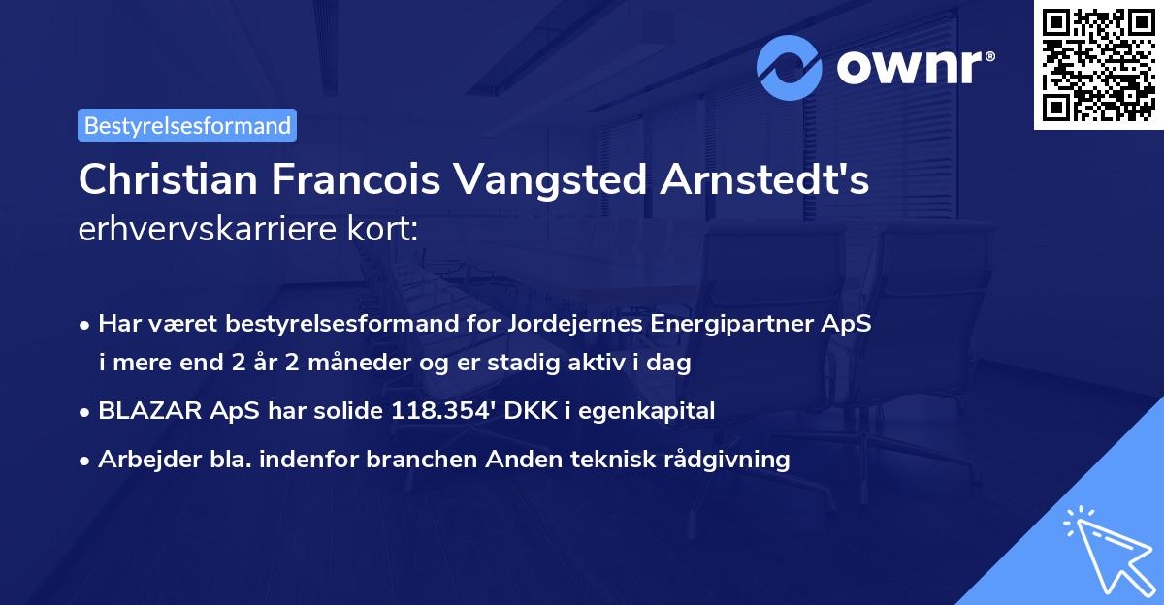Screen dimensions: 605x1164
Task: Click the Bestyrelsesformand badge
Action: click(187, 125)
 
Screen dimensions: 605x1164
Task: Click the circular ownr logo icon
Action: click(790, 67)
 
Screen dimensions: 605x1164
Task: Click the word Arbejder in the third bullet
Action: click(143, 459)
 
